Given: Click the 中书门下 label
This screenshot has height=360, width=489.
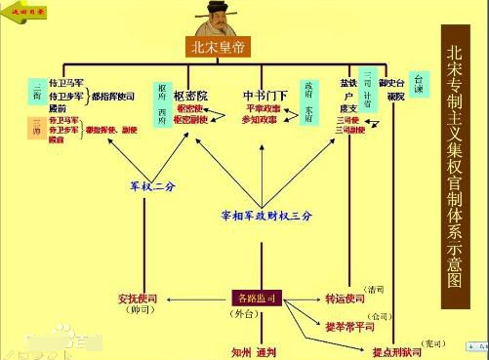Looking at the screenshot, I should point(266,96).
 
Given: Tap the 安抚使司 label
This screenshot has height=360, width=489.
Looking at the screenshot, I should point(140,298).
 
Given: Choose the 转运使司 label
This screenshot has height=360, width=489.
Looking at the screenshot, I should point(345,298).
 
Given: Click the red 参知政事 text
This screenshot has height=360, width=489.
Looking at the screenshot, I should point(261,118).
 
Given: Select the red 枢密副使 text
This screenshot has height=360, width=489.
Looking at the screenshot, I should point(189,119).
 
